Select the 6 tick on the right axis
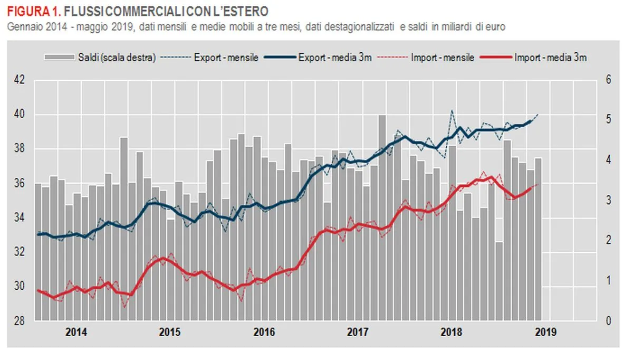[x=608, y=80]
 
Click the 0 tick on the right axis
[x=608, y=321]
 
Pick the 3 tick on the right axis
[x=608, y=201]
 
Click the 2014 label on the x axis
[x=76, y=333]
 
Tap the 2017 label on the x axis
[x=358, y=333]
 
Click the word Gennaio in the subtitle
[x=23, y=26]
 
